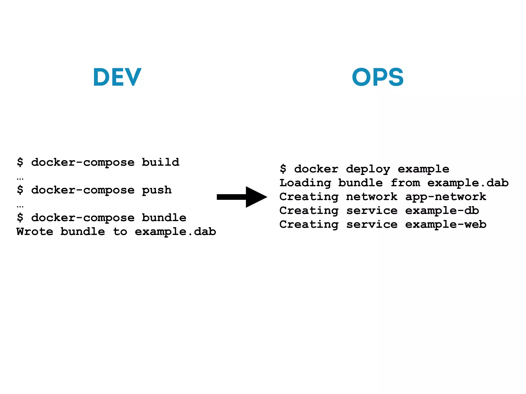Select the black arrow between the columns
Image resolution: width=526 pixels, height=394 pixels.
click(x=242, y=197)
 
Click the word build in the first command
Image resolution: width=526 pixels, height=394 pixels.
click(x=161, y=162)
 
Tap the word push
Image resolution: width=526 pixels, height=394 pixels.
click(x=157, y=190)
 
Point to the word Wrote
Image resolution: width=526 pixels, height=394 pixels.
click(x=35, y=232)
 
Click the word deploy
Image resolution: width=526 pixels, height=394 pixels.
click(x=368, y=169)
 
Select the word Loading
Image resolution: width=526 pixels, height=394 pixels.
click(x=305, y=183)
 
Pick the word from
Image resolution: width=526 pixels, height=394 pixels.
click(x=405, y=183)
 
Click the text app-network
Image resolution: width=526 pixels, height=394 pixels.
click(x=446, y=197)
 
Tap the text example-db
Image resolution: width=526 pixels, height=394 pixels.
click(x=442, y=211)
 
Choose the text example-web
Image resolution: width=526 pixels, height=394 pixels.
click(x=446, y=224)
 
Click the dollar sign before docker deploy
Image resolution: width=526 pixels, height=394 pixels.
click(x=283, y=169)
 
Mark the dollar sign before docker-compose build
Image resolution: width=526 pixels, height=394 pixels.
click(x=20, y=162)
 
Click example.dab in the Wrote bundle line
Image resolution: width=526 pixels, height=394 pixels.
click(x=175, y=232)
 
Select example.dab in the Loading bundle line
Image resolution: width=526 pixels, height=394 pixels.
click(x=468, y=183)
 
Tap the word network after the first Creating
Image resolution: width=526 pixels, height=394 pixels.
click(x=372, y=197)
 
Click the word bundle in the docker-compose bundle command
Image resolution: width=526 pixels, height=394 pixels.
click(x=164, y=218)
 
